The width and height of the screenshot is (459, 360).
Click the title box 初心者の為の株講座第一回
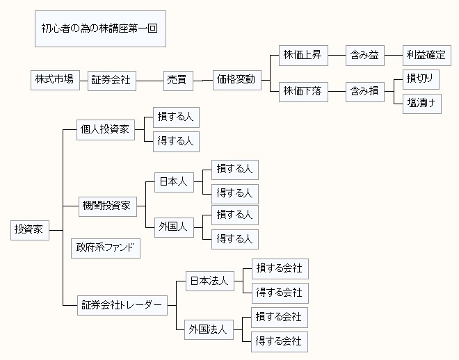click(x=100, y=28)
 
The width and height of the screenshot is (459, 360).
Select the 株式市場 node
click(x=54, y=80)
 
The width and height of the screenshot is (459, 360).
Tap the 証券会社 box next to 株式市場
click(x=111, y=80)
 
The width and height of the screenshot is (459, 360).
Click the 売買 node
click(x=177, y=81)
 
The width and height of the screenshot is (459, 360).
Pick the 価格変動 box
click(x=236, y=80)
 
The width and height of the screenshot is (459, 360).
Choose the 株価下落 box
click(x=302, y=91)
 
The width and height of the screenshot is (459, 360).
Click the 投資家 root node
click(x=30, y=230)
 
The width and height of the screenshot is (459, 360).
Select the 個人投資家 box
click(x=106, y=129)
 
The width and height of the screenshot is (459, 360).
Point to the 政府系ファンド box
click(x=106, y=247)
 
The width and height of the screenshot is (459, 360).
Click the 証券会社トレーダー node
click(x=122, y=305)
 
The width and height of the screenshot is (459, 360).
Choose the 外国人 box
click(x=173, y=227)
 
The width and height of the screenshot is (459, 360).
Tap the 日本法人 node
click(x=209, y=281)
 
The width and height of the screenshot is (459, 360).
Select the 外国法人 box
click(x=208, y=330)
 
